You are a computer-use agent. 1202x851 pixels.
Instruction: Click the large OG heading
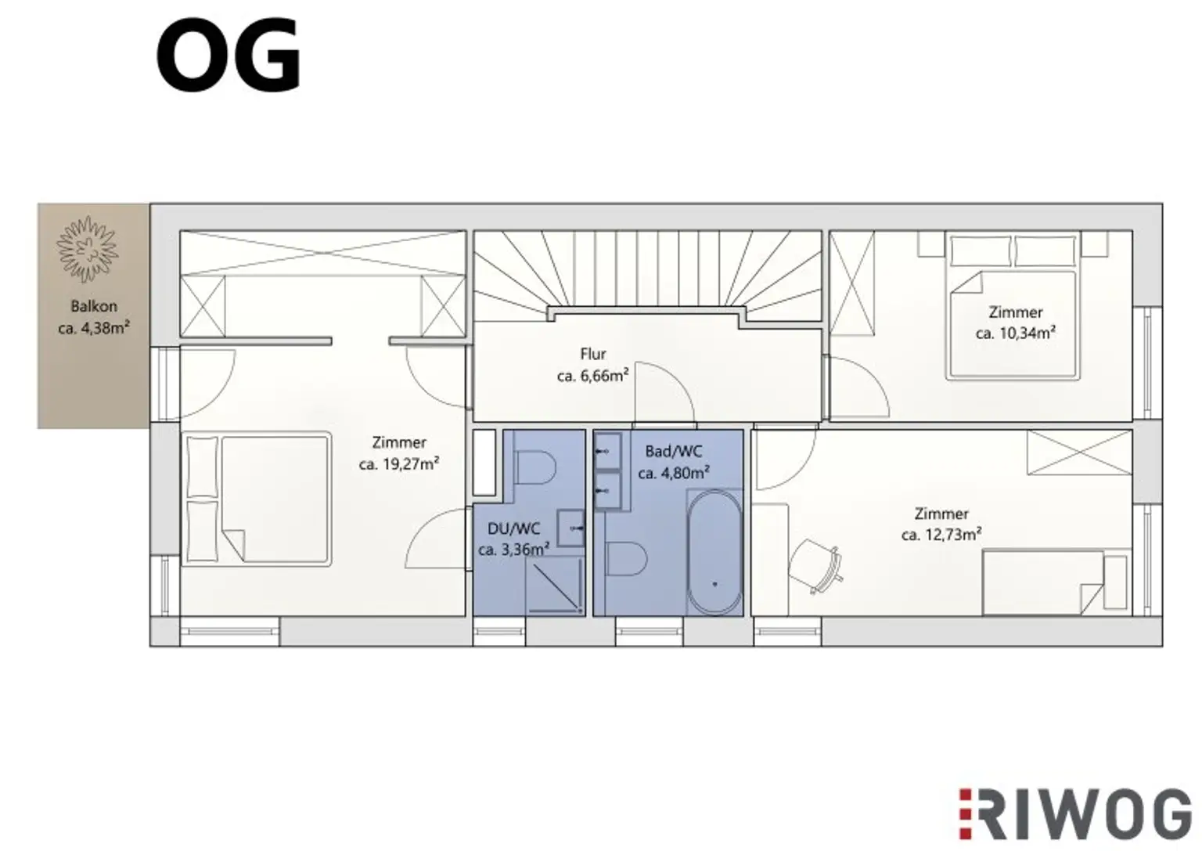click(229, 57)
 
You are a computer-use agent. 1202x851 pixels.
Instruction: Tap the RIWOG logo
click(1074, 813)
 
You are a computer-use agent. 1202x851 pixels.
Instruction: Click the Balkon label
click(93, 306)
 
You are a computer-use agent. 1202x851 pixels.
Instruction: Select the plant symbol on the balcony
click(87, 249)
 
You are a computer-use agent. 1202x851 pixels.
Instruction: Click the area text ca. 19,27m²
click(398, 464)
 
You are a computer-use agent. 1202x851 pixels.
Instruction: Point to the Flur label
click(593, 354)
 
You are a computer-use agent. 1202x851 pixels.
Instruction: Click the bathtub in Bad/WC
click(714, 553)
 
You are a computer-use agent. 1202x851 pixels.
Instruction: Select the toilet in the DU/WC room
click(536, 468)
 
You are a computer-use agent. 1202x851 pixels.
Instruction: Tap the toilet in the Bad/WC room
click(627, 559)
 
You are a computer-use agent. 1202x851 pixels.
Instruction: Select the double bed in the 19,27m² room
click(258, 498)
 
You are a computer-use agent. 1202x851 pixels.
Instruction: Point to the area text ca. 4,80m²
click(673, 473)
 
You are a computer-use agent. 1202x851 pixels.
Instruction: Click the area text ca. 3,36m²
click(513, 550)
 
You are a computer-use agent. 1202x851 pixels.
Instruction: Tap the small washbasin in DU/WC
click(571, 527)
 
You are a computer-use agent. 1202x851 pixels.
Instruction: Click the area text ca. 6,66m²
click(592, 377)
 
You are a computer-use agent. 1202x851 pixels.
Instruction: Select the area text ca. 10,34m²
click(1015, 334)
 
